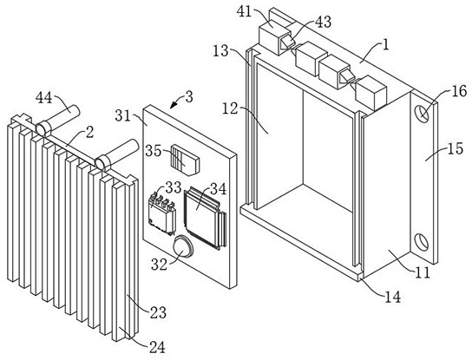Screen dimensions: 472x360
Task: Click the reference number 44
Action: tap(43, 98)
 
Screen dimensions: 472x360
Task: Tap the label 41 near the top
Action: tap(244, 12)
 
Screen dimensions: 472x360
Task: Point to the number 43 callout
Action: tap(324, 23)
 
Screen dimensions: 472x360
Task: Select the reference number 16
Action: tap(459, 91)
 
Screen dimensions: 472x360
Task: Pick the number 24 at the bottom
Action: tap(158, 348)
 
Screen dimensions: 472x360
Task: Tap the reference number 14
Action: tap(393, 297)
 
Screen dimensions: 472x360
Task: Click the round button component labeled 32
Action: tap(183, 246)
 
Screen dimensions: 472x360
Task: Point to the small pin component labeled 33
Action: tap(162, 213)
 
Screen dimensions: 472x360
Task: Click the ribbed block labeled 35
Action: tap(185, 160)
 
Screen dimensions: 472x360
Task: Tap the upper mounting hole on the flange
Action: tap(422, 114)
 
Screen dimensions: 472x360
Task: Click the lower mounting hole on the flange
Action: tap(422, 242)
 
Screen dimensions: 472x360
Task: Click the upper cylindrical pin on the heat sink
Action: tap(58, 121)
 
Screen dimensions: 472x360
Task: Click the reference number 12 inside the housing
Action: tap(230, 109)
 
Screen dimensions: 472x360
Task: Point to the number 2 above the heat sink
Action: tap(89, 133)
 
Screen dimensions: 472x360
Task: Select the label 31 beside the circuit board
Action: tap(122, 115)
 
